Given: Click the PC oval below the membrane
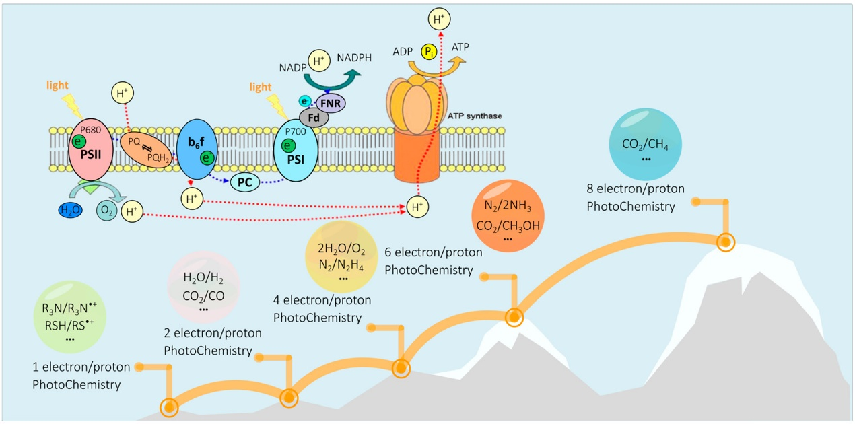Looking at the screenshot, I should click(245, 182).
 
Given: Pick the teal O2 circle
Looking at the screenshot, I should click(107, 211).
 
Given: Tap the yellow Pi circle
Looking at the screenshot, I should click(428, 52).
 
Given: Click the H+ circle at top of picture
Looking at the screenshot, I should click(440, 20).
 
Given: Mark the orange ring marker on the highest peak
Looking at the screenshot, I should click(725, 242).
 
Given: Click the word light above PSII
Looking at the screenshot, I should click(59, 85).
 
